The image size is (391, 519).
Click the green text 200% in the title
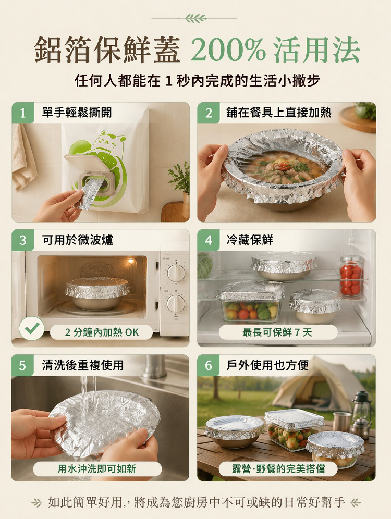pyautogui.click(x=228, y=50)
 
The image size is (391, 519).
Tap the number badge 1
pyautogui.click(x=23, y=113)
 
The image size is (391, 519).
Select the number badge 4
pyautogui.click(x=208, y=240)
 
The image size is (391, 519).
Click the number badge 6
pyautogui.click(x=208, y=365)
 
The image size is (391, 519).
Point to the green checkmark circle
pyautogui.click(x=31, y=328)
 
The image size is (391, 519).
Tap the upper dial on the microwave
pyautogui.click(x=176, y=273)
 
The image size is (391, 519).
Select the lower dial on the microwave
pyautogui.click(x=176, y=303)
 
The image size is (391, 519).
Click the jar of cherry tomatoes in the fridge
pyautogui.click(x=351, y=276)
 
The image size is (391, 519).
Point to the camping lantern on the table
pyautogui.click(x=361, y=415)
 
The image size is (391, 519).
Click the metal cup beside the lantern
pyautogui.click(x=342, y=422)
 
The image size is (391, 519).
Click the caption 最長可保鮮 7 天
pyautogui.click(x=277, y=332)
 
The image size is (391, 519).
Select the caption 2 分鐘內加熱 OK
pyautogui.click(x=102, y=332)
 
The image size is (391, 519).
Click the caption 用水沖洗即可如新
pyautogui.click(x=97, y=468)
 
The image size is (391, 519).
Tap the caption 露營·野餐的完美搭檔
pyautogui.click(x=278, y=468)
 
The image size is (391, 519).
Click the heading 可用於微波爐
pyautogui.click(x=78, y=240)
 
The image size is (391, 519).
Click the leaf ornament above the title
pyautogui.click(x=195, y=18)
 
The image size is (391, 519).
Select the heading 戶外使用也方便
pyautogui.click(x=267, y=365)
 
